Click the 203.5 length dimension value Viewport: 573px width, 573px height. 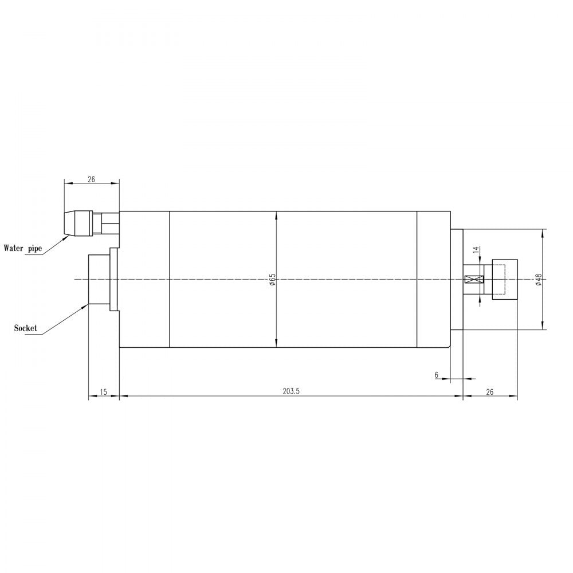pos(291,391)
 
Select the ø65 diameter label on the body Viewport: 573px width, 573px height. pos(273,279)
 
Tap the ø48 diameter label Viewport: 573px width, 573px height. pos(538,279)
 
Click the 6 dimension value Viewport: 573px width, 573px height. pos(437,375)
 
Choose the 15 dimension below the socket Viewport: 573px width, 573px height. pos(103,392)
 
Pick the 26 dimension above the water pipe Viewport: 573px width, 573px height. pos(91,179)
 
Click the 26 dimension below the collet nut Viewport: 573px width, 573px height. pos(489,392)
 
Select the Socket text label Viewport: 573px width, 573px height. pos(26,328)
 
